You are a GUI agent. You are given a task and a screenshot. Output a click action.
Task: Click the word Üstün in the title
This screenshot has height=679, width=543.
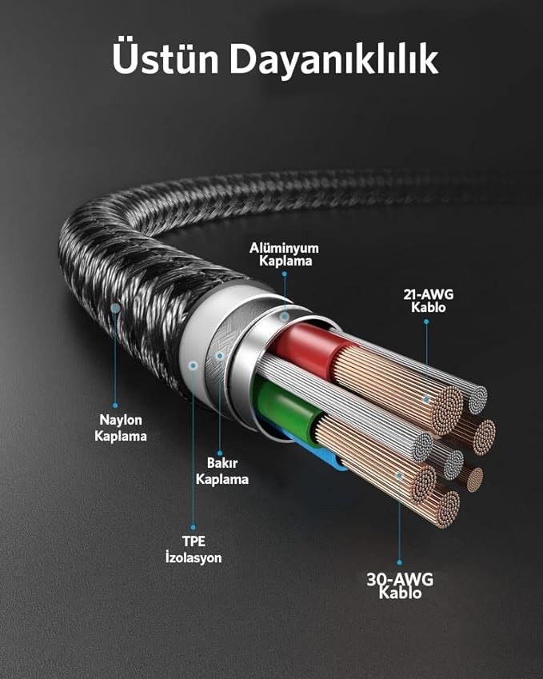[165, 58]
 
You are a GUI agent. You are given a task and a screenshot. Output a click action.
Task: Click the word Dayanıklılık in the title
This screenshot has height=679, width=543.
[334, 60]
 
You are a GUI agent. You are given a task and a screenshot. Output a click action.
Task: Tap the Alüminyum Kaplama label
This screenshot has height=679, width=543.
[284, 254]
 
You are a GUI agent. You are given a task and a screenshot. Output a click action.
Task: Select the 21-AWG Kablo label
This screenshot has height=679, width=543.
[429, 301]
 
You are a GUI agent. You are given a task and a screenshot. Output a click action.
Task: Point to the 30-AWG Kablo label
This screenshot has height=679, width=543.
[400, 585]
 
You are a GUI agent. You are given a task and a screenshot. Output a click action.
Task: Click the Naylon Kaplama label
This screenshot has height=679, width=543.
[121, 428]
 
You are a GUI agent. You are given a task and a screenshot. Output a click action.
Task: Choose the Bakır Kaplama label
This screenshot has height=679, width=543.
[222, 471]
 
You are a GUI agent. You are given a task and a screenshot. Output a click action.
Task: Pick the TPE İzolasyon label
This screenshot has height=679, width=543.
[193, 549]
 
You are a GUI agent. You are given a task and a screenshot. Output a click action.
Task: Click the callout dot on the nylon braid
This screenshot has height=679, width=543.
[115, 309]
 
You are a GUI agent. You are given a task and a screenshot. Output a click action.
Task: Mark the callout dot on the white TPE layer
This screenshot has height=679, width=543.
[193, 365]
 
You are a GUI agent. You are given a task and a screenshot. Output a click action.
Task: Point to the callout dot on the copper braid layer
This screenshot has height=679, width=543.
[220, 356]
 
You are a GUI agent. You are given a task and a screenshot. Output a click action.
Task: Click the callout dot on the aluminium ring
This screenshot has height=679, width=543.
[284, 317]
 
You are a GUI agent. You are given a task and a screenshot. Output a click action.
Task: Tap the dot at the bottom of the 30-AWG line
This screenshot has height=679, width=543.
[399, 562]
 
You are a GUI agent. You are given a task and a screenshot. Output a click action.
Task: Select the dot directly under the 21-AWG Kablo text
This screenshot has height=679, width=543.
[426, 322]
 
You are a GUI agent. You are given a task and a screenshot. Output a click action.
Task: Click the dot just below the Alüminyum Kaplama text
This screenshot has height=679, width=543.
[285, 274]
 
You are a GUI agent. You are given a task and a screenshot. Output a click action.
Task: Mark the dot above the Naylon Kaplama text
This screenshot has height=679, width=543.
[115, 405]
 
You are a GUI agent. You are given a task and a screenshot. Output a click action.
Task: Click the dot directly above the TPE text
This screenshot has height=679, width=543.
[193, 527]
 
